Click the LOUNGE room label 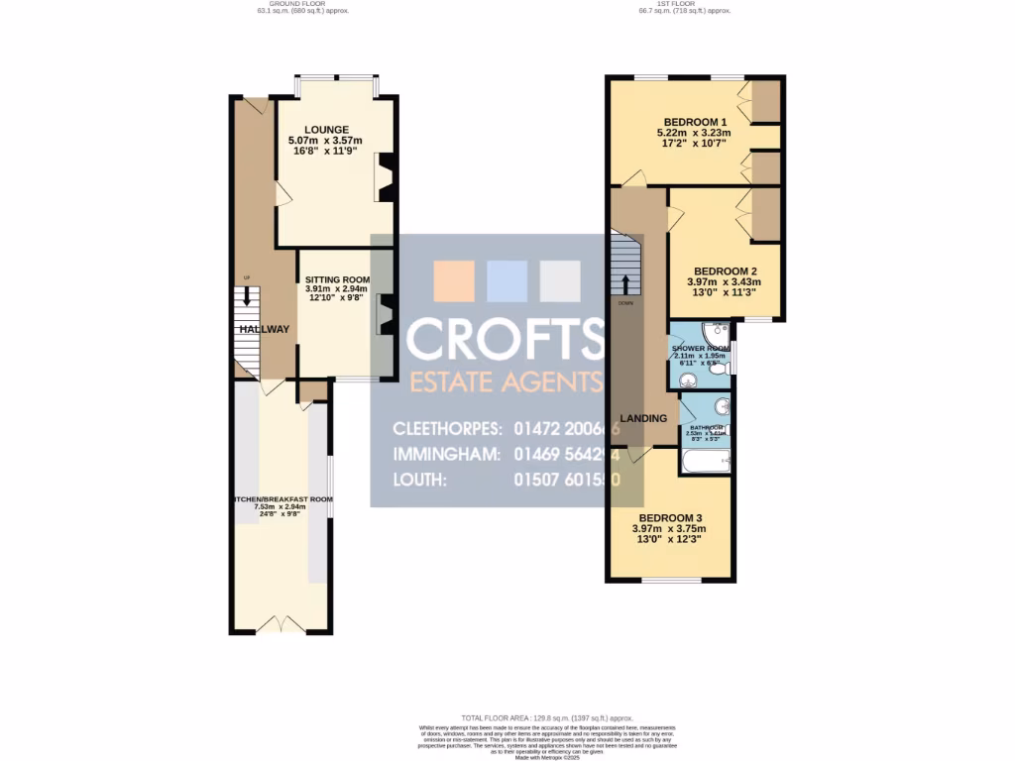pyautogui.click(x=326, y=129)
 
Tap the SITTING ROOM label pyautogui.click(x=337, y=279)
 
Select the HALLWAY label pyautogui.click(x=264, y=329)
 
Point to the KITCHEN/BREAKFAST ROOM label pyautogui.click(x=282, y=499)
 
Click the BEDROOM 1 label pyautogui.click(x=693, y=122)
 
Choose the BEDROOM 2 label pyautogui.click(x=725, y=271)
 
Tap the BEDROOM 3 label pyautogui.click(x=670, y=518)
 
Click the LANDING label pyautogui.click(x=643, y=418)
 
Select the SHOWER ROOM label pyautogui.click(x=700, y=349)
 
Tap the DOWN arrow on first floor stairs pyautogui.click(x=624, y=284)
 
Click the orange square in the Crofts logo pyautogui.click(x=455, y=280)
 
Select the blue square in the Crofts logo pyautogui.click(x=507, y=280)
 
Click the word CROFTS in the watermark pyautogui.click(x=506, y=339)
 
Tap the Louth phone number pyautogui.click(x=567, y=480)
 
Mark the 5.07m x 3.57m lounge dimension pyautogui.click(x=326, y=141)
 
